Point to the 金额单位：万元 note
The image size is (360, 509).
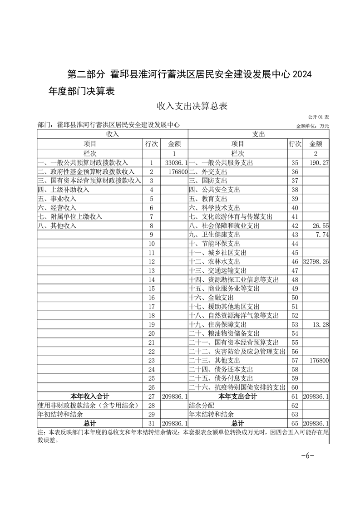pyautogui.click(x=312, y=126)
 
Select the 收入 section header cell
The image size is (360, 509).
pyautogui.click(x=112, y=134)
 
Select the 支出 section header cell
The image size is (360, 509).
pyautogui.click(x=258, y=134)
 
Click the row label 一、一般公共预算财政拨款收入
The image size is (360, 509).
pyautogui.click(x=83, y=162)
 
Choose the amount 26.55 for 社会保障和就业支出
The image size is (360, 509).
pyautogui.click(x=320, y=225)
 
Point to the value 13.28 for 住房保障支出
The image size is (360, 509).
pyautogui.click(x=320, y=324)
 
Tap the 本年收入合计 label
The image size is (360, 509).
pyautogui.click(x=89, y=396)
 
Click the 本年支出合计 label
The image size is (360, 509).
pyautogui.click(x=237, y=396)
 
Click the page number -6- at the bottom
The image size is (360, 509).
pyautogui.click(x=307, y=456)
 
